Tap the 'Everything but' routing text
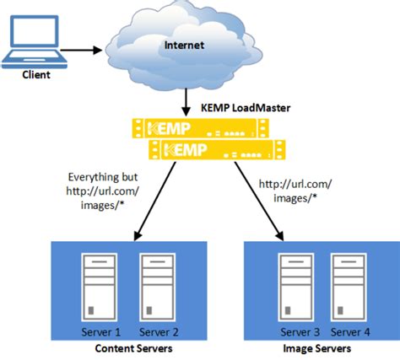[x=103, y=179]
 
